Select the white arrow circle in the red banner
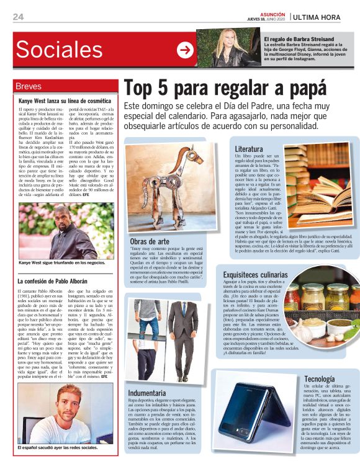pyautogui.click(x=185, y=50)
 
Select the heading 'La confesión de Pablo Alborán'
pyautogui.click(x=56, y=282)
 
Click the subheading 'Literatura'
pyautogui.click(x=248, y=150)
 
